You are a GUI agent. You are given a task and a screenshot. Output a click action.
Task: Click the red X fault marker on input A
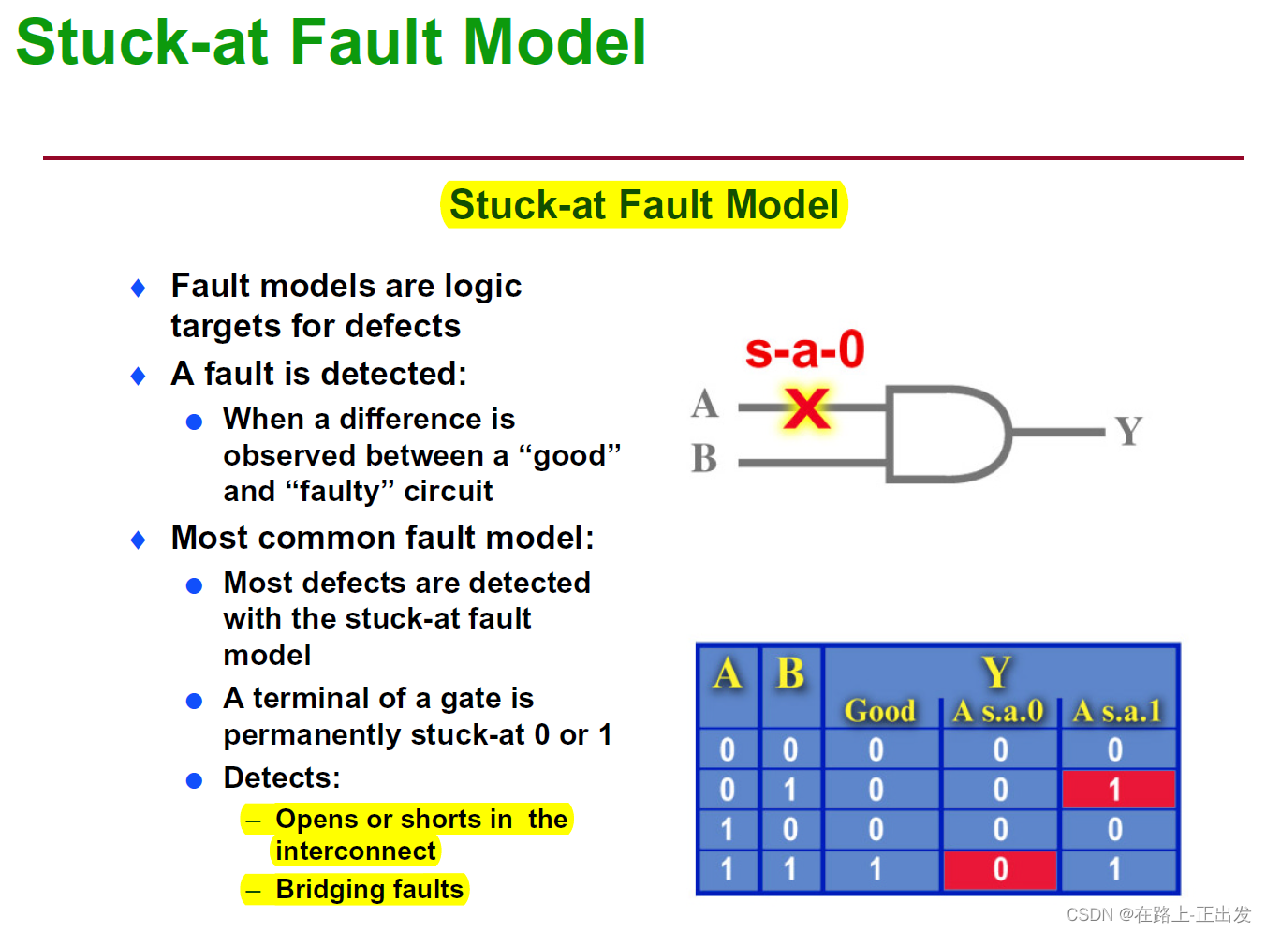(x=806, y=408)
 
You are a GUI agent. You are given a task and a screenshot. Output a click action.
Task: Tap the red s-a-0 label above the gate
(x=804, y=350)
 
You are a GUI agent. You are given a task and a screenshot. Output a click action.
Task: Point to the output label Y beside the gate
(x=1128, y=432)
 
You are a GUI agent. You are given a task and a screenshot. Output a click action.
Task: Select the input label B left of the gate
(x=704, y=459)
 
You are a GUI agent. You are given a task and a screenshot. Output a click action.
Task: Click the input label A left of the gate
(x=704, y=405)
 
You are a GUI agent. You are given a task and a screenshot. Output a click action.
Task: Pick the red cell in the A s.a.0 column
(x=1000, y=869)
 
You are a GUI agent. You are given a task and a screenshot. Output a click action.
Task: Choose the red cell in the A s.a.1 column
(x=1115, y=790)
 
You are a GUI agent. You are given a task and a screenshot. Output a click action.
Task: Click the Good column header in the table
(x=879, y=711)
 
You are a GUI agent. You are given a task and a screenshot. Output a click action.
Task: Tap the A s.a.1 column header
(x=1116, y=711)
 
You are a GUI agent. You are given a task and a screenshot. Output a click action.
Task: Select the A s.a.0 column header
(x=998, y=711)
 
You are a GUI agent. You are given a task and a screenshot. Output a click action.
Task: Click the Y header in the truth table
(x=997, y=672)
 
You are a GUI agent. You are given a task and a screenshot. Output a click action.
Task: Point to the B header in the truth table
(x=790, y=673)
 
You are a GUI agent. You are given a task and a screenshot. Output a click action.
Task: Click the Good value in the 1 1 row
(x=876, y=869)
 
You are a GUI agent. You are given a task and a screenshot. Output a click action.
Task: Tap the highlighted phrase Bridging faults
(x=369, y=889)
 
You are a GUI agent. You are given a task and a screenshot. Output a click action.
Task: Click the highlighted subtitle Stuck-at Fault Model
(x=644, y=205)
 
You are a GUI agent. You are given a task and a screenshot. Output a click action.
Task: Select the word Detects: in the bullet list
(x=282, y=777)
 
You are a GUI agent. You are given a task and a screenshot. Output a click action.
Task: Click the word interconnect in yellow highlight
(x=356, y=851)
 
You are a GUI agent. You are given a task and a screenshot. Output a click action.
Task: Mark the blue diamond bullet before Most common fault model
(x=139, y=540)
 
